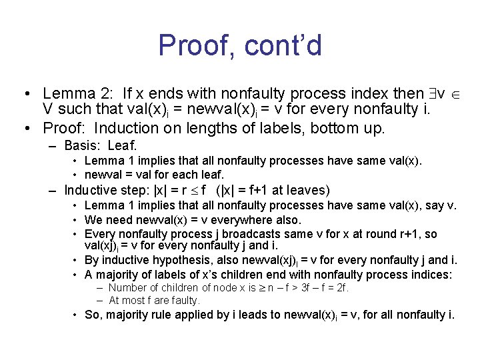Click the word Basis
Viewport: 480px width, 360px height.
point(82,145)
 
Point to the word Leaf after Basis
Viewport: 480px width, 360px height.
point(123,145)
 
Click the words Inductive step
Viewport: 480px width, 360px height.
point(108,191)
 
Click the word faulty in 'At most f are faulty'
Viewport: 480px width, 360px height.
point(187,301)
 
